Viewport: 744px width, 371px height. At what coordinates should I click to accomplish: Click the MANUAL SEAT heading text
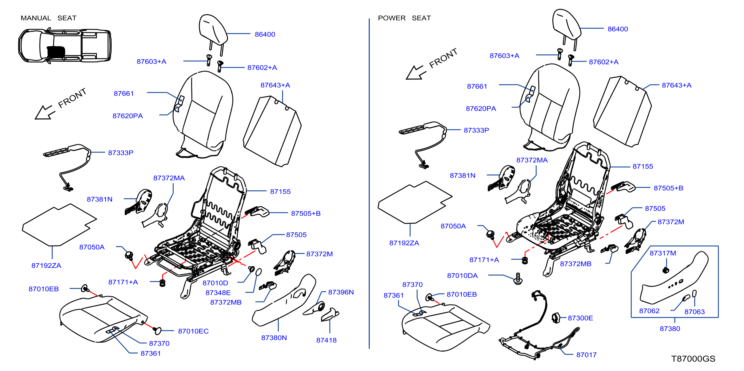point(49,18)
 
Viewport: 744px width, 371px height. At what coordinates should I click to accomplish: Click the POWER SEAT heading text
point(404,18)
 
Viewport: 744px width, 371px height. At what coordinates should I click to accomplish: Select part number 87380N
point(274,337)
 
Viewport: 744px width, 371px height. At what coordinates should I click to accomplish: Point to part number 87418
point(326,340)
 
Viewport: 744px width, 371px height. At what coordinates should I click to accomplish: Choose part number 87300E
point(580,318)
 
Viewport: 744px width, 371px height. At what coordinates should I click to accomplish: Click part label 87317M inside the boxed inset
point(663,253)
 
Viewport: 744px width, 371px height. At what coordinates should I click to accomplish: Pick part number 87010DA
point(462,275)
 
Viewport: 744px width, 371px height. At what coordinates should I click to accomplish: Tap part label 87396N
point(341,292)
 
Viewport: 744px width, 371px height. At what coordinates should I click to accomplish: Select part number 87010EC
point(193,331)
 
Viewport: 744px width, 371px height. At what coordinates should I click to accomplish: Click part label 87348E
point(218,292)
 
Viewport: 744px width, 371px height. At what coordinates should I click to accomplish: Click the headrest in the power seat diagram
point(566,24)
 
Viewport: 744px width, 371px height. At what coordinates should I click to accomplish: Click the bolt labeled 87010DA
point(518,279)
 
